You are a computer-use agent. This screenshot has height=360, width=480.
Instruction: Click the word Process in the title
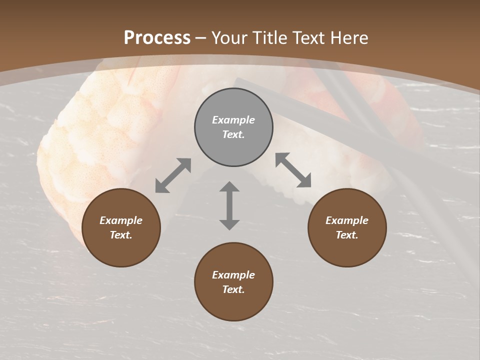click(157, 38)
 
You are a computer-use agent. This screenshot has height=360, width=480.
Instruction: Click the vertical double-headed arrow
click(229, 205)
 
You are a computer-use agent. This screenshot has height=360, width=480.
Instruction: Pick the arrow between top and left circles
click(173, 175)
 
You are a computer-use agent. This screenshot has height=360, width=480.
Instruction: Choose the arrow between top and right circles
click(293, 170)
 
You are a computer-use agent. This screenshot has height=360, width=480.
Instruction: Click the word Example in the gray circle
click(233, 120)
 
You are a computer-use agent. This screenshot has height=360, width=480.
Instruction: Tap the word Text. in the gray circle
click(233, 134)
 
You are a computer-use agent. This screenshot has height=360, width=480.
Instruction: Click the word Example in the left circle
click(121, 220)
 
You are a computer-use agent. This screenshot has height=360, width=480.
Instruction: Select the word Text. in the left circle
click(121, 235)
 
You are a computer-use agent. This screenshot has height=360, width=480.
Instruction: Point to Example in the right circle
click(347, 220)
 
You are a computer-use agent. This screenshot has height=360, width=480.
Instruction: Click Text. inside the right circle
click(347, 235)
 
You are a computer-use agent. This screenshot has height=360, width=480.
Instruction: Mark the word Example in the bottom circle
click(233, 275)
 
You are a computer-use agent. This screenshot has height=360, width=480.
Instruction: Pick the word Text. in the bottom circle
click(233, 289)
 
